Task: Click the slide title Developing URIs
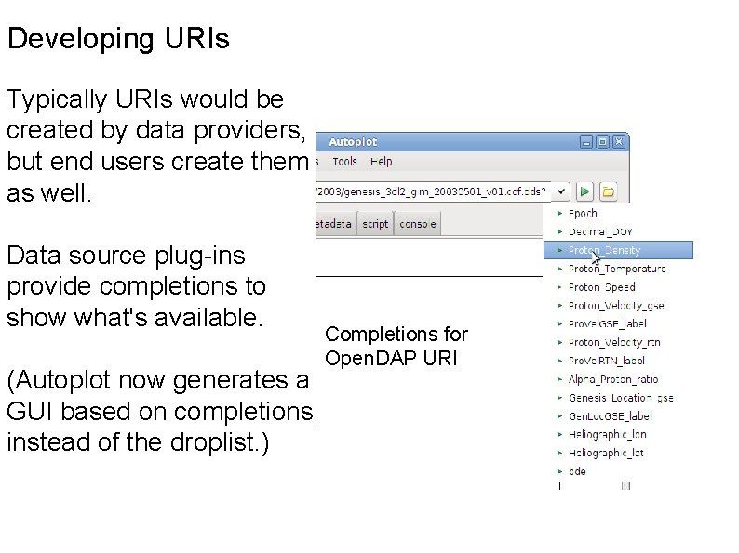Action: pos(117,40)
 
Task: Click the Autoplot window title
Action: pos(353,142)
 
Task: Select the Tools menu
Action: pos(344,161)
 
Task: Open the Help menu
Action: pos(382,161)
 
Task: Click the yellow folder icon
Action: pos(608,191)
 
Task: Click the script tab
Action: pos(375,224)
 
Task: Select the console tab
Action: pos(417,224)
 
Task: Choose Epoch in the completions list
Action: pos(583,213)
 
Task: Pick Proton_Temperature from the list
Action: pos(617,269)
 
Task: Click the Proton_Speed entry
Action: pos(602,287)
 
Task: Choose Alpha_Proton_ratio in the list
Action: pos(613,379)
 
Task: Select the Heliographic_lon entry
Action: pos(607,434)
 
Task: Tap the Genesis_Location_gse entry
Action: pos(620,398)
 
